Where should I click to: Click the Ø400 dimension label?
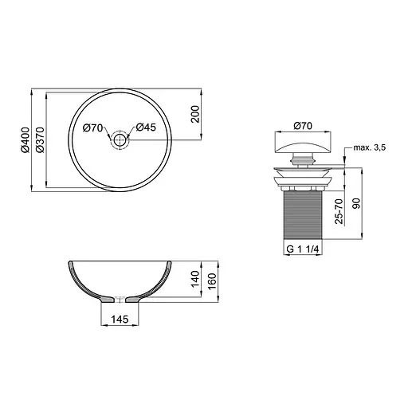click(25, 140)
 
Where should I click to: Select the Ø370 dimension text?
click(40, 140)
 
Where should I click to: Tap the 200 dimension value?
click(195, 114)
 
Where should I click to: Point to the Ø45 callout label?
click(146, 127)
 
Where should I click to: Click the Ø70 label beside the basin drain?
click(92, 127)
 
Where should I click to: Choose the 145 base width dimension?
click(120, 319)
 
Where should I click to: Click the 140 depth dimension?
click(195, 279)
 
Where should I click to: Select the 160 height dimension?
click(212, 281)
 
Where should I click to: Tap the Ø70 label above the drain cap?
click(303, 126)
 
